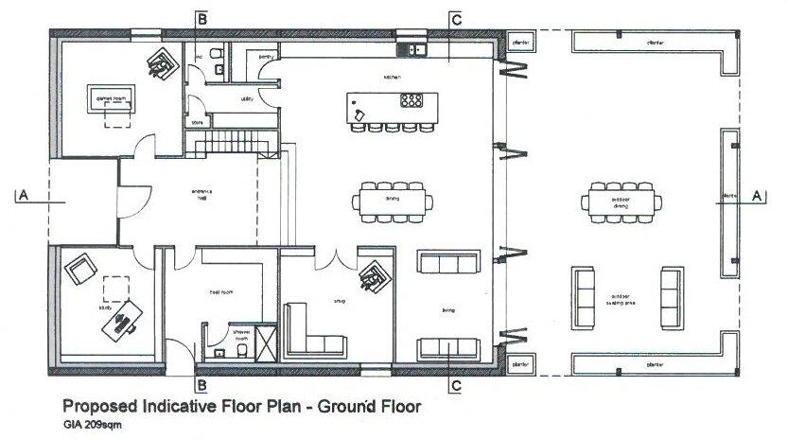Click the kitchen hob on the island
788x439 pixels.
(412, 99)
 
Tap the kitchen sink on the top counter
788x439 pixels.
(415, 49)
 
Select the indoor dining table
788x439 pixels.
(391, 201)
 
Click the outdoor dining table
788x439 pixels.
(622, 201)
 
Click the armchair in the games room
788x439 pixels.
(162, 62)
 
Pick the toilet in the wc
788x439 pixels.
(217, 55)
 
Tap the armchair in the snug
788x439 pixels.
(375, 278)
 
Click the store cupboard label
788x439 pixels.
(198, 122)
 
